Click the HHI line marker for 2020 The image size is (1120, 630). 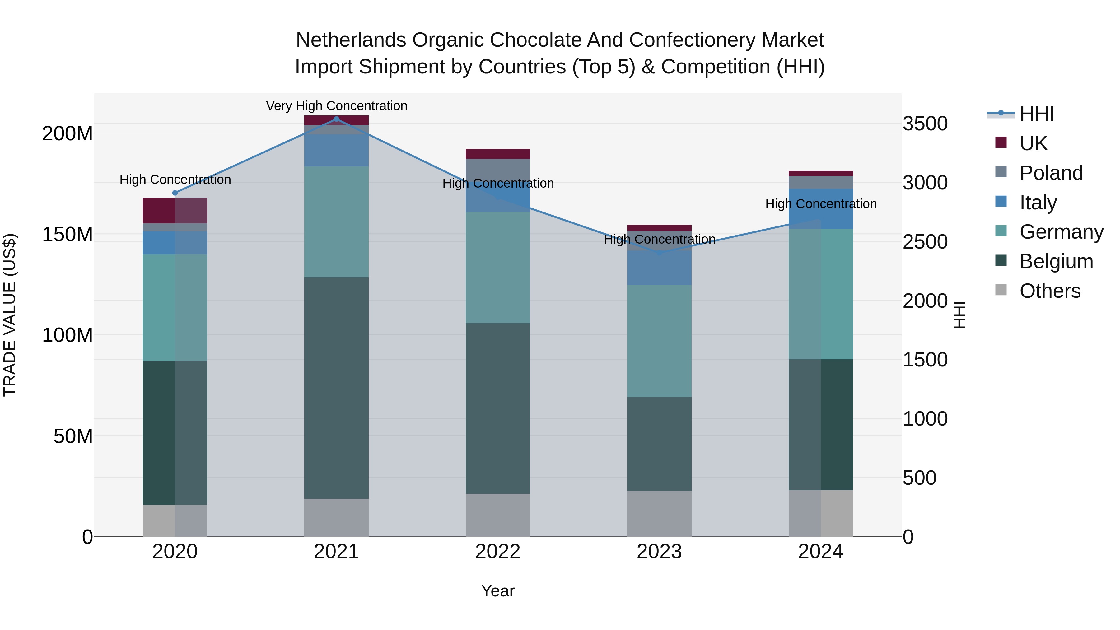[x=175, y=193]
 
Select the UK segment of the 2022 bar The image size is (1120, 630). [x=498, y=154]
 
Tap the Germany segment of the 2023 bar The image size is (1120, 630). [x=659, y=341]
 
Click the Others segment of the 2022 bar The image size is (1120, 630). [x=498, y=515]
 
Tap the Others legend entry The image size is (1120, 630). [x=1050, y=291]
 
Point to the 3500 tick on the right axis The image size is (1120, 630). [x=925, y=124]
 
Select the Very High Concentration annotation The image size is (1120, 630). [x=337, y=106]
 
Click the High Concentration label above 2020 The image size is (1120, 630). [x=175, y=180]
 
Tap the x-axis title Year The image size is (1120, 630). [x=498, y=591]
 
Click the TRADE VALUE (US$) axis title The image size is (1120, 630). [x=10, y=315]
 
